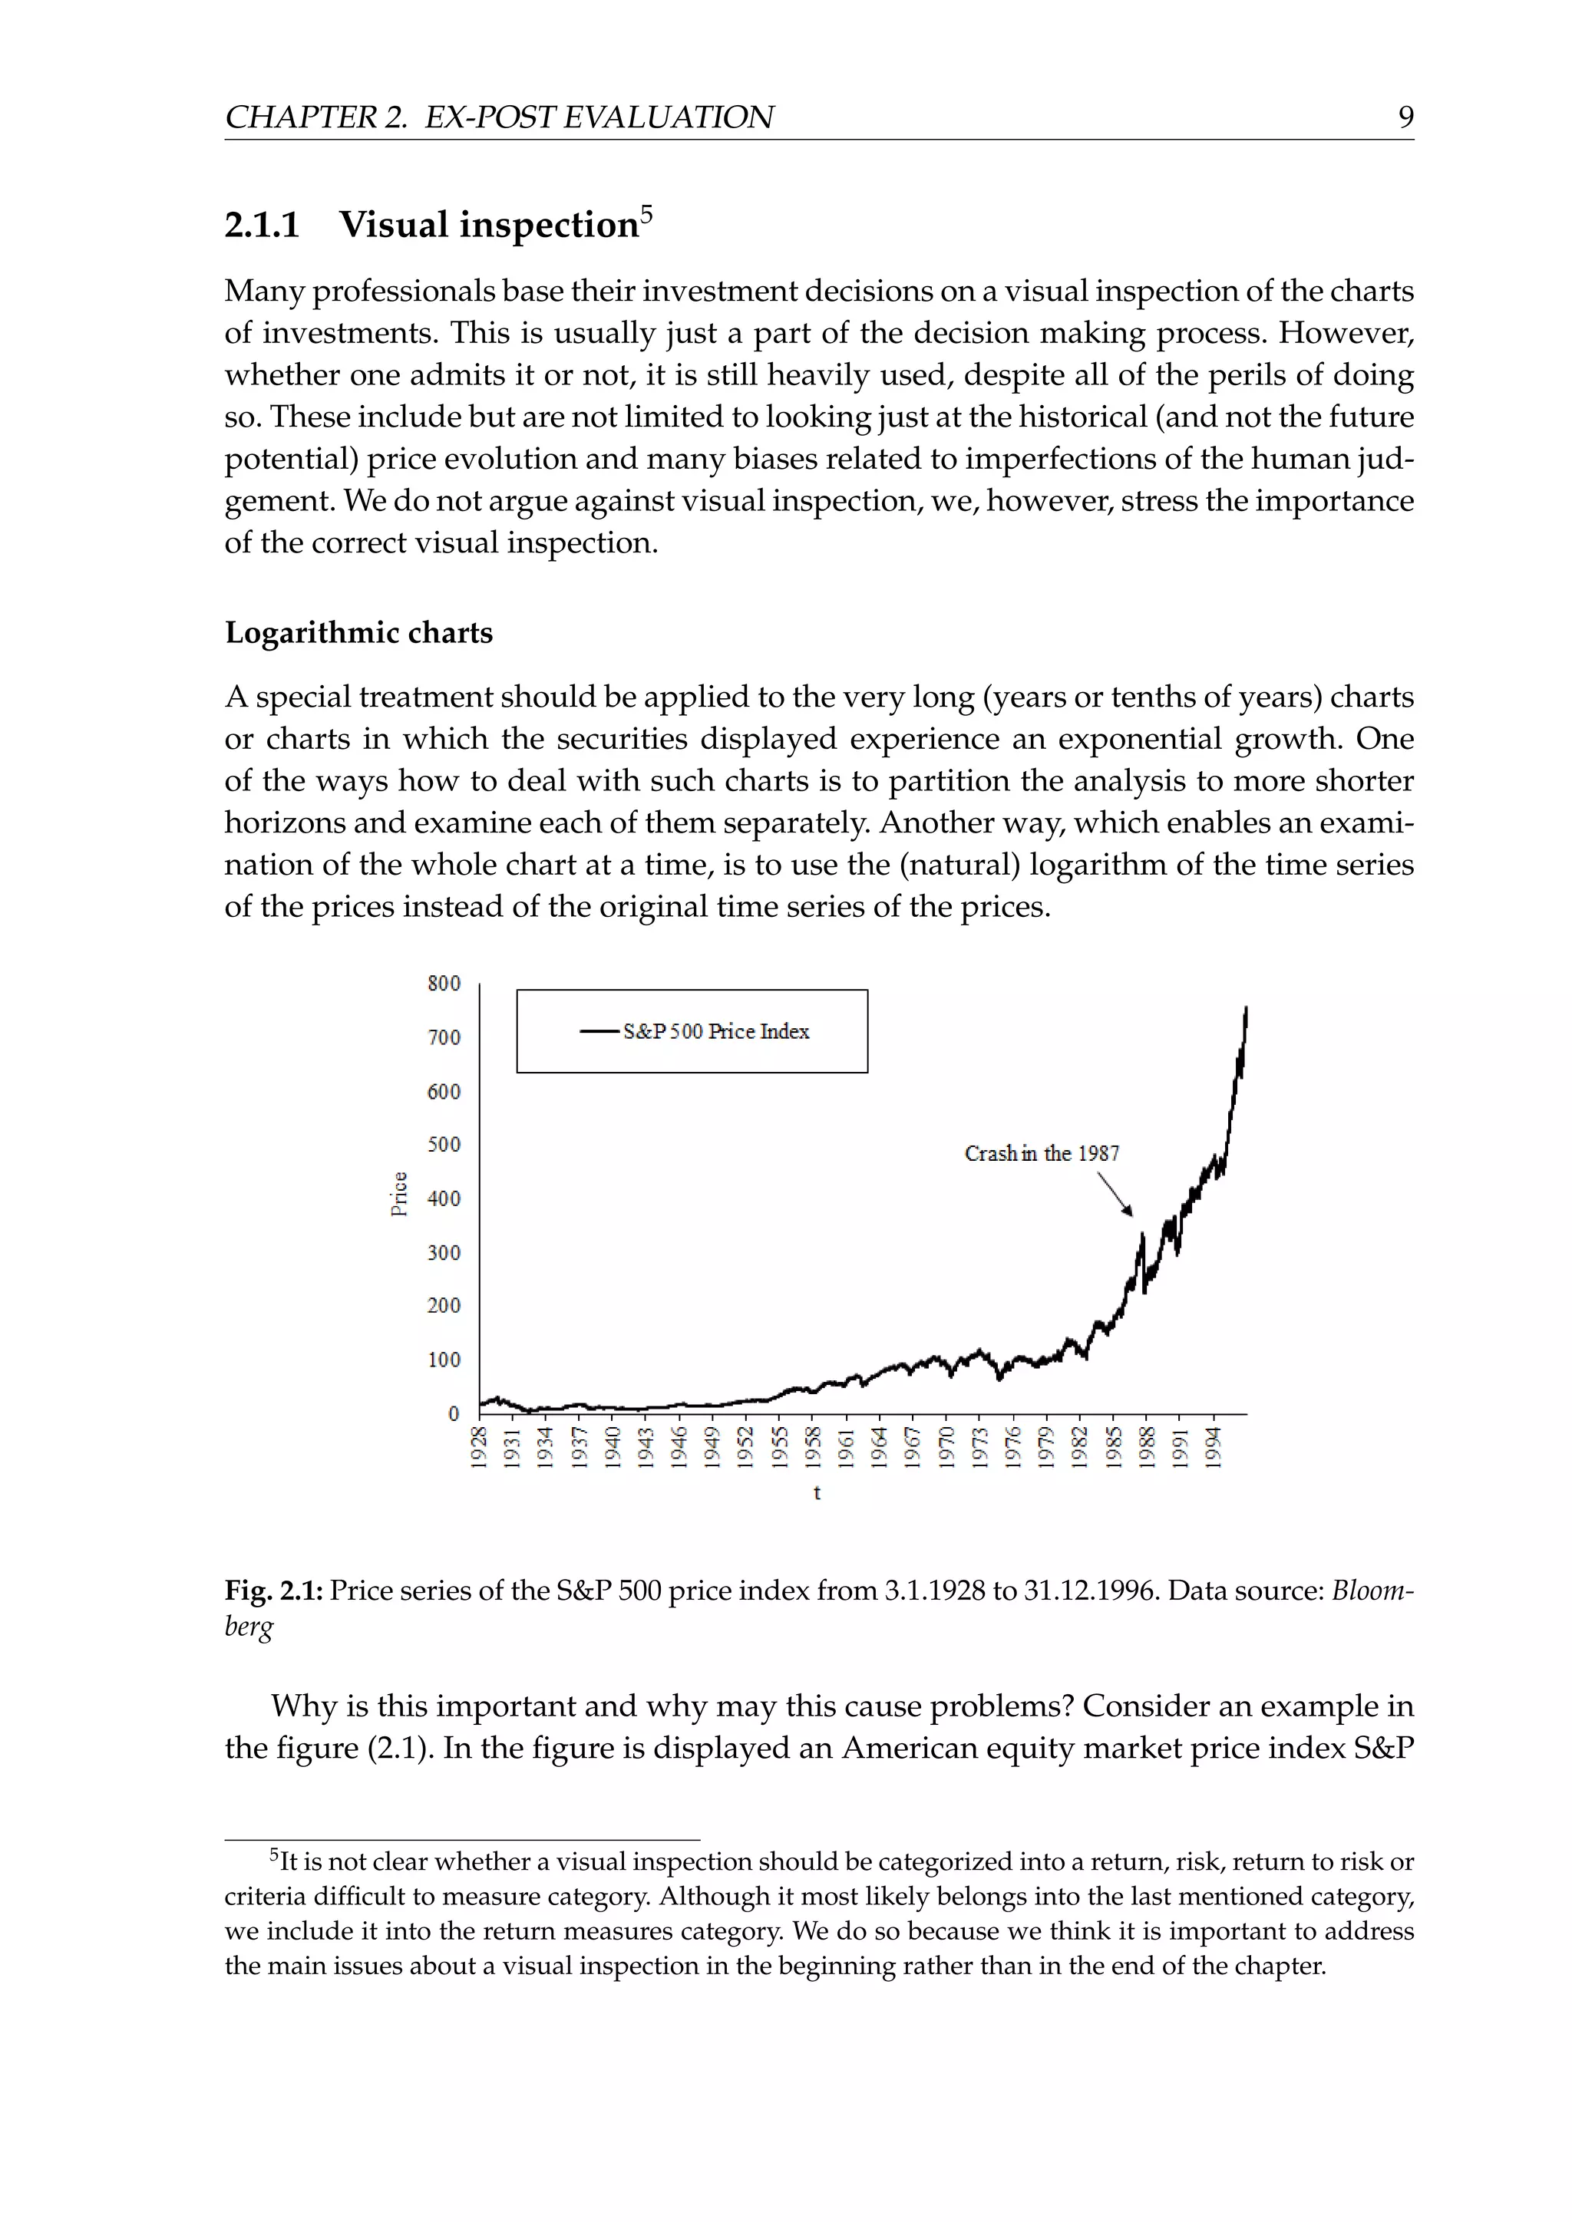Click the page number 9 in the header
click(x=1405, y=117)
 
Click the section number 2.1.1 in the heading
click(x=263, y=226)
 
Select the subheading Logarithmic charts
click(x=358, y=633)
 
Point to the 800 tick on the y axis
click(x=444, y=984)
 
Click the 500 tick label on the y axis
click(x=444, y=1145)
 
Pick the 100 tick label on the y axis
click(x=444, y=1360)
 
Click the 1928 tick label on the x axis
click(x=478, y=1448)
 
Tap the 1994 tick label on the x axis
click(x=1213, y=1448)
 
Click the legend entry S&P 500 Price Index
click(x=715, y=1032)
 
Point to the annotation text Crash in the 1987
click(x=1042, y=1153)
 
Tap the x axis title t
click(x=817, y=1493)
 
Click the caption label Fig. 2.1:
click(x=274, y=1591)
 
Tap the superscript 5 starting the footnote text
click(x=274, y=1855)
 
